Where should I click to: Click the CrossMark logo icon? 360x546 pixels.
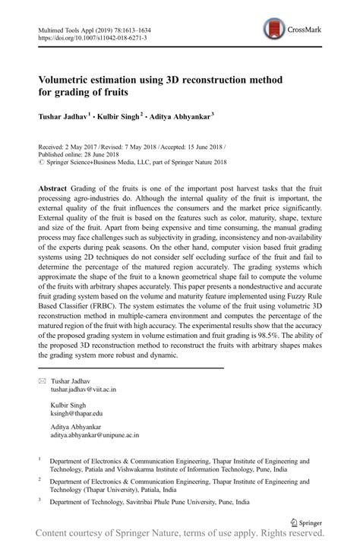pyautogui.click(x=272, y=30)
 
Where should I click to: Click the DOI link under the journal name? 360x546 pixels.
pyautogui.click(x=92, y=36)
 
